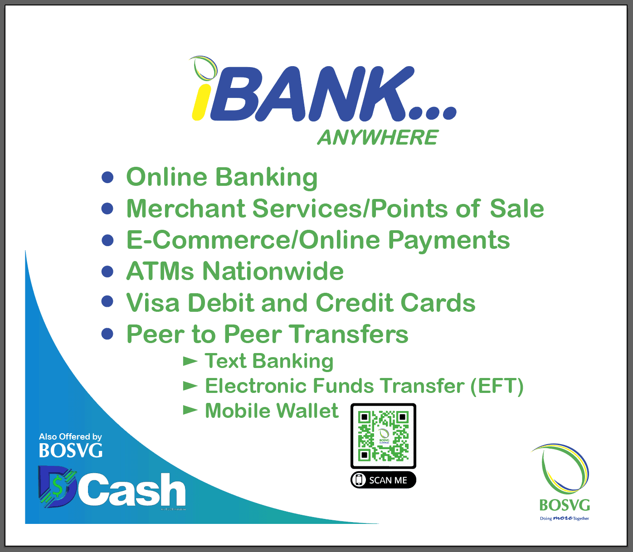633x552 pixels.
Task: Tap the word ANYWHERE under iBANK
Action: [378, 137]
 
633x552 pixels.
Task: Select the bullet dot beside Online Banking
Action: [107, 177]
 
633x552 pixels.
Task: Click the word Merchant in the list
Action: [185, 208]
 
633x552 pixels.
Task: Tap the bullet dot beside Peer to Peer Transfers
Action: [107, 334]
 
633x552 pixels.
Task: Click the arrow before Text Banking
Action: [190, 361]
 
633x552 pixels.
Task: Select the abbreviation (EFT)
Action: [497, 386]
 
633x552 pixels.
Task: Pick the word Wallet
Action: [307, 411]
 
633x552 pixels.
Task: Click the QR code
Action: [383, 436]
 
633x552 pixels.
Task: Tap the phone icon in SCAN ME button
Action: [360, 480]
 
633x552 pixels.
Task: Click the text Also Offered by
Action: [70, 436]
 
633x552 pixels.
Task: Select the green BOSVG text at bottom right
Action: [565, 505]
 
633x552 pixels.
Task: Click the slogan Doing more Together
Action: [565, 518]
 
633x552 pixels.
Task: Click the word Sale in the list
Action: [516, 208]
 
